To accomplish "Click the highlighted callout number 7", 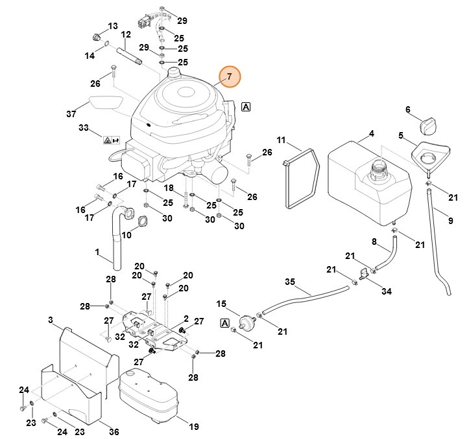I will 229,77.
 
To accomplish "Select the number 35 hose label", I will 290,282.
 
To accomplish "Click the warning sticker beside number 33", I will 111,139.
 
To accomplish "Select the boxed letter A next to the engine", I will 247,107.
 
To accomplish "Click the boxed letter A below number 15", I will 225,322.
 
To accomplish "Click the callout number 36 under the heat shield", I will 114,432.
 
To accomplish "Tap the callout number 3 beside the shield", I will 51,320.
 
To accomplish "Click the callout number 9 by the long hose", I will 450,221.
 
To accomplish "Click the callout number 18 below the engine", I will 168,188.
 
